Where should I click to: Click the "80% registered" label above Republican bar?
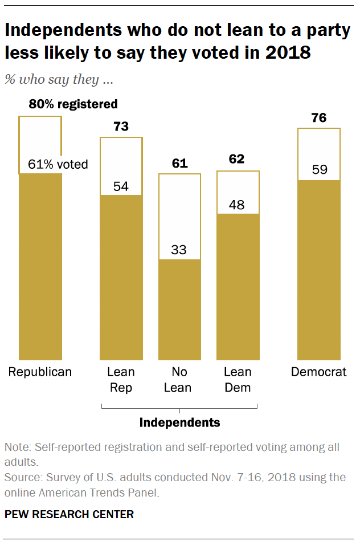coord(73,104)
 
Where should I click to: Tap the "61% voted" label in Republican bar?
coord(58,165)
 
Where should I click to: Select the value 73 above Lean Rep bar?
coord(121,126)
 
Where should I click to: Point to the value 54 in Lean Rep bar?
coord(121,186)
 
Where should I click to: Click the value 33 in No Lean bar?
coord(179,250)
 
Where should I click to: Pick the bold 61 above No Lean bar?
coord(179,164)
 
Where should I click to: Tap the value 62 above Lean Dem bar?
coord(238,160)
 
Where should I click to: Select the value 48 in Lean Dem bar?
coord(238,205)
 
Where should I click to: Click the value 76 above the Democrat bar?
coord(319,118)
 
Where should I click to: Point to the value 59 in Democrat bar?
coord(319,170)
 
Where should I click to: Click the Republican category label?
coord(40,372)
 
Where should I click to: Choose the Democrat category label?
coord(318,372)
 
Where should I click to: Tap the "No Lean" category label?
coord(179,380)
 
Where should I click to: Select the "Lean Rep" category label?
coord(121,380)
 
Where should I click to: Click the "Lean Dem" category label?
coord(238,380)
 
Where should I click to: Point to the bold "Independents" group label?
coord(179,422)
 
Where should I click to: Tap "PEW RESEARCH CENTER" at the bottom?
coord(69,514)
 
